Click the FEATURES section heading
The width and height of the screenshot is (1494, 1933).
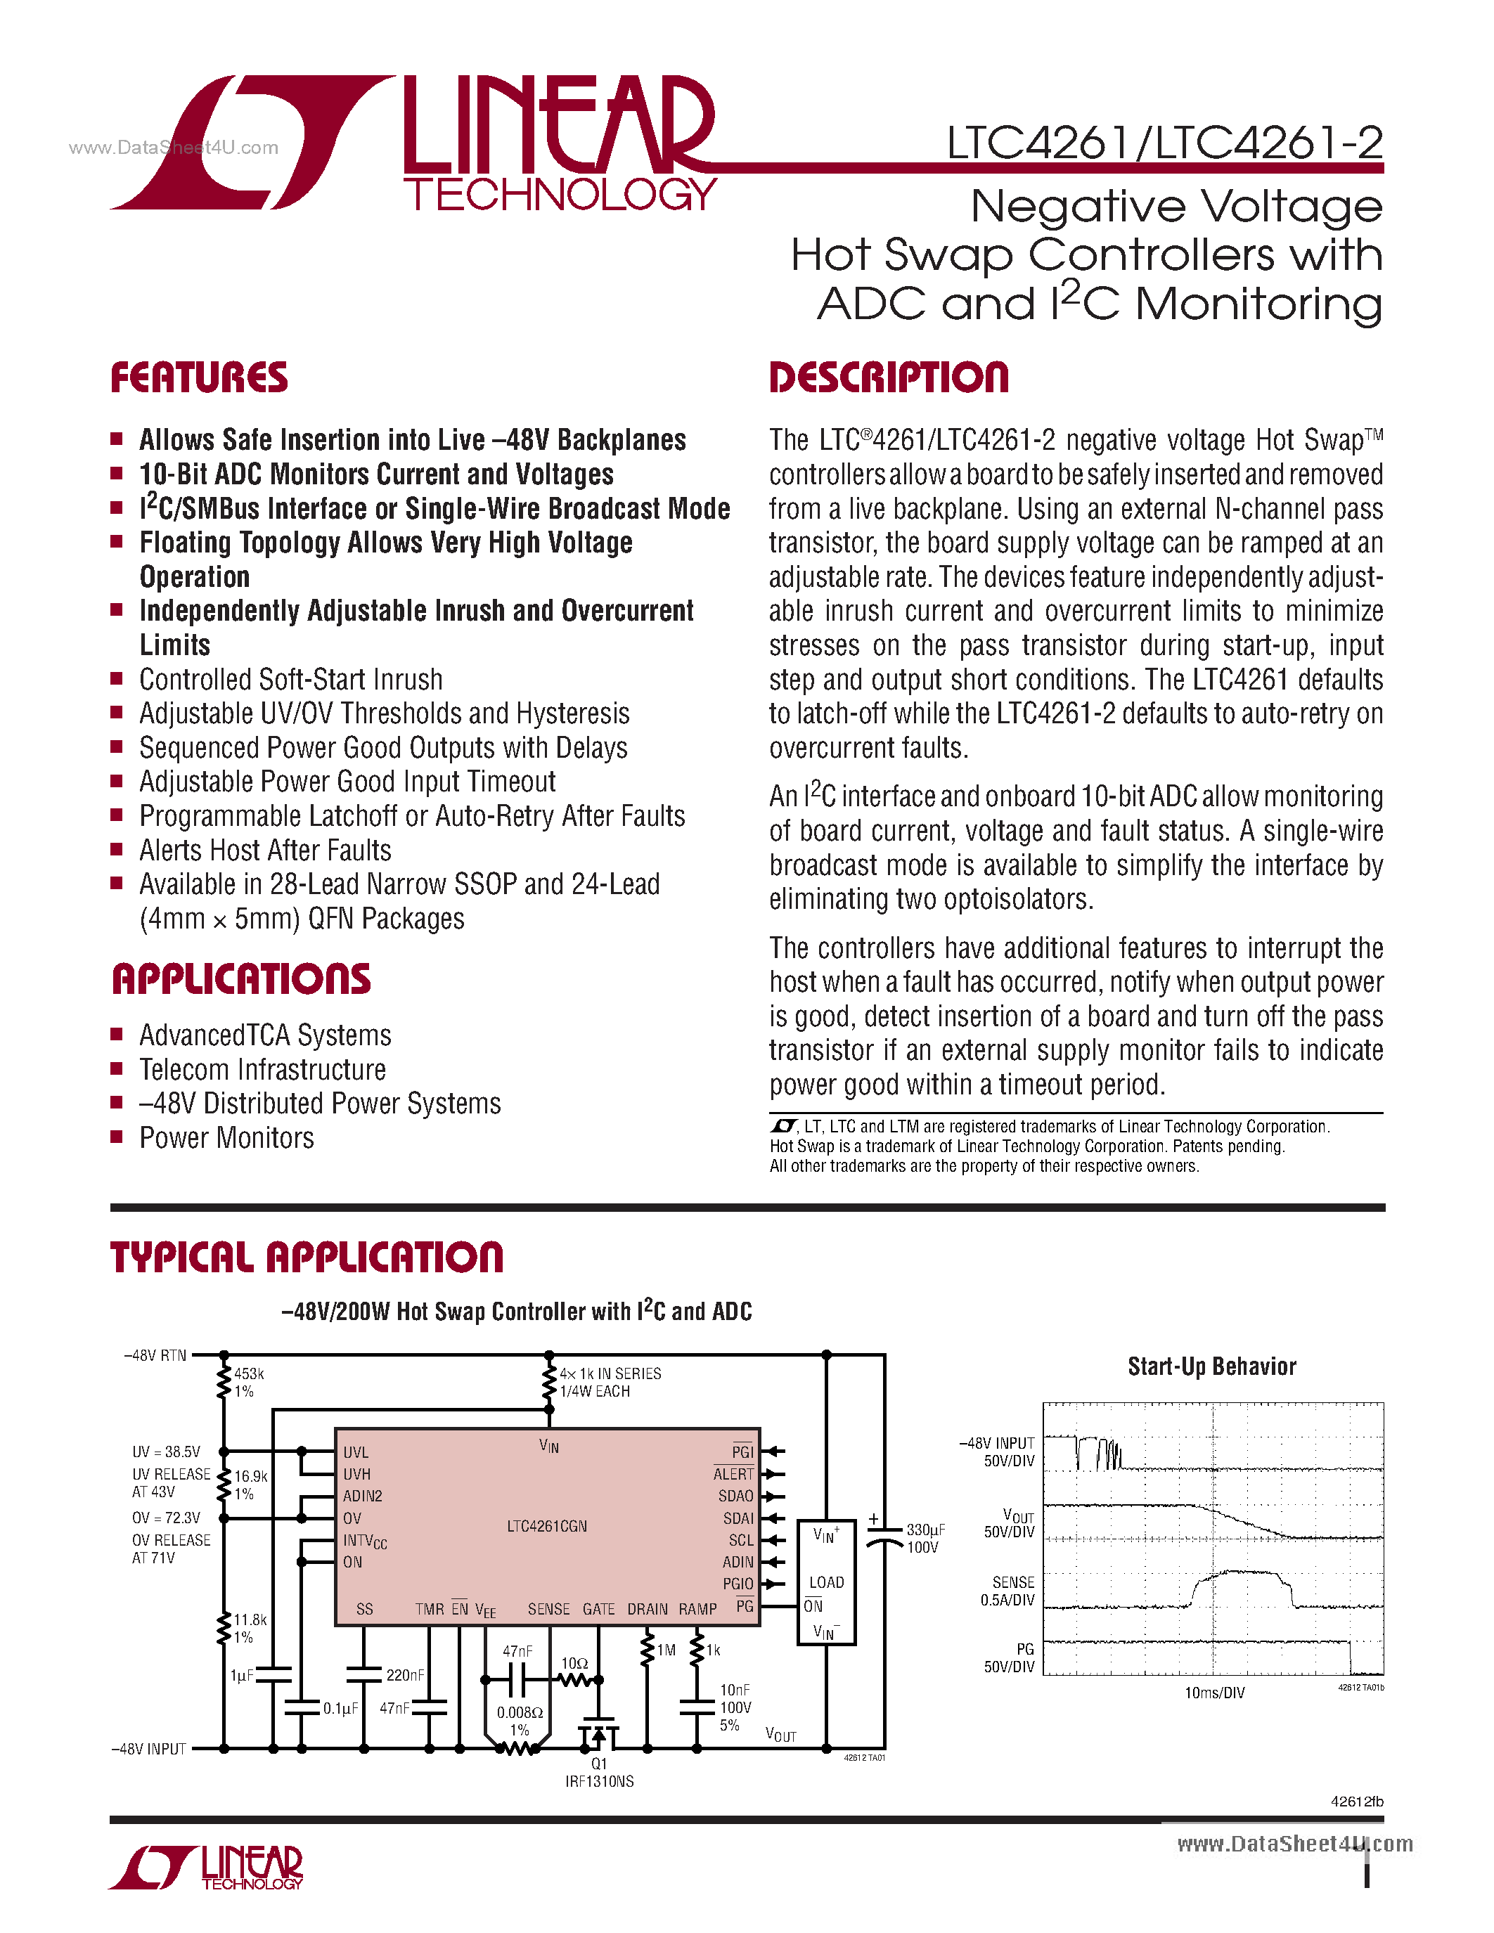point(198,378)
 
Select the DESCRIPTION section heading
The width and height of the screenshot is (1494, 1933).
point(888,378)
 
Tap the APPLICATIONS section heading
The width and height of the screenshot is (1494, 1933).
point(240,980)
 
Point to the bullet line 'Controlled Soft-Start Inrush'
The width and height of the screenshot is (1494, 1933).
point(290,680)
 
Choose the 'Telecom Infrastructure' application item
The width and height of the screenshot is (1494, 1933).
point(262,1070)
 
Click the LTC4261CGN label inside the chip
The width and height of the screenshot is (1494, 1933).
point(546,1526)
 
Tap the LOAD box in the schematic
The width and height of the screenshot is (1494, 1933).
point(826,1582)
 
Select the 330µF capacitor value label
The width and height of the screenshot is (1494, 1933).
point(925,1530)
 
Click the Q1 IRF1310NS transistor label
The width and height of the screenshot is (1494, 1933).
point(599,1772)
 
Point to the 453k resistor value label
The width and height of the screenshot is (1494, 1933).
point(249,1373)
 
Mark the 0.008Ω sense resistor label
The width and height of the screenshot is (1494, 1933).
point(520,1712)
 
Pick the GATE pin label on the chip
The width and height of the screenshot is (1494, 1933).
point(598,1609)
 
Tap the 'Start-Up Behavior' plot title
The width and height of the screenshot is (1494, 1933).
point(1211,1366)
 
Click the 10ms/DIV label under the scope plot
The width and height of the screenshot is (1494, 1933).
point(1213,1693)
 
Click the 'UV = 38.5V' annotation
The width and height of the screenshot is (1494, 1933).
point(167,1452)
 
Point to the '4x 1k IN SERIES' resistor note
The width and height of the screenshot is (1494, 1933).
point(610,1373)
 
